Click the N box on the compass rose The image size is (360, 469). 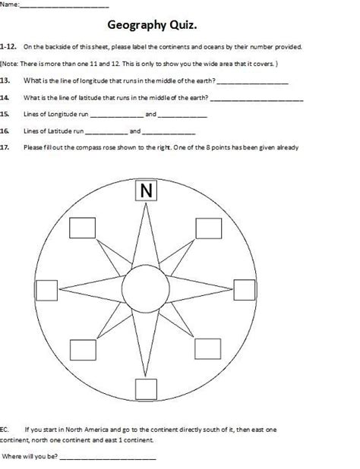[x=147, y=192]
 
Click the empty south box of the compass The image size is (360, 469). [x=147, y=388]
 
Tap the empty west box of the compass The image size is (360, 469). [x=48, y=289]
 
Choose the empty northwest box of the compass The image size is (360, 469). [x=79, y=227]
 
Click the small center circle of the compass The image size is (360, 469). [x=147, y=289]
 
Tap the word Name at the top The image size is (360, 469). [x=8, y=5]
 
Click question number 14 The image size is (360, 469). [x=5, y=97]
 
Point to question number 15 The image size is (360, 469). [x=5, y=114]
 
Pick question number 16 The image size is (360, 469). [x=5, y=131]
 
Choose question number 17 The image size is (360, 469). [x=5, y=147]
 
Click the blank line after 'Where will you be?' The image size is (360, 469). [x=108, y=457]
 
